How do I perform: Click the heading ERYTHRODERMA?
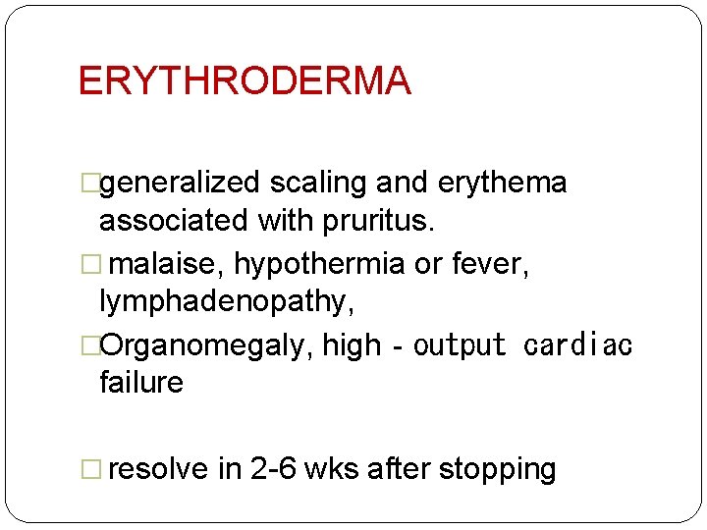[x=244, y=80]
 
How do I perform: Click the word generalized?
[x=180, y=184]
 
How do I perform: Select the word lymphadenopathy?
[x=226, y=302]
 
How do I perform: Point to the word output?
[x=460, y=345]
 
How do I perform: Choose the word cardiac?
[x=578, y=345]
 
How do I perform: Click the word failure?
[x=140, y=382]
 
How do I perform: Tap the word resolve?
[x=158, y=469]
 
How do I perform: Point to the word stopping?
[x=497, y=470]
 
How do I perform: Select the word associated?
[x=174, y=221]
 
